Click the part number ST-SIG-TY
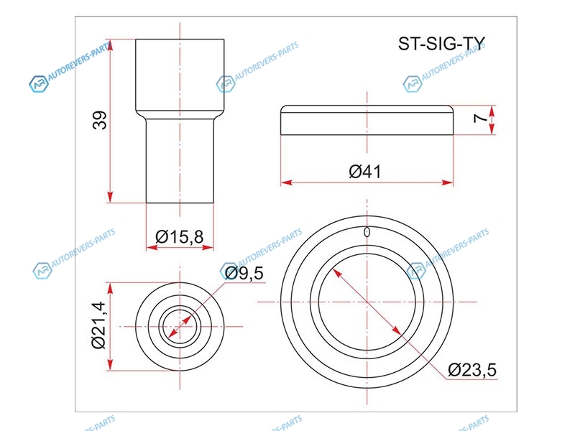point(441,44)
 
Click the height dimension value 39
point(99,120)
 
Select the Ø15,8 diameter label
point(179,237)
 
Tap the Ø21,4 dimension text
point(98,325)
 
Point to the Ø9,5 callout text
point(244,273)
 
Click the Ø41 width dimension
point(365,172)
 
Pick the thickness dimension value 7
point(479,118)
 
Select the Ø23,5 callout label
point(472,369)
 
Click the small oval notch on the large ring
point(367,232)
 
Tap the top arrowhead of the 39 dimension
point(111,44)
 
